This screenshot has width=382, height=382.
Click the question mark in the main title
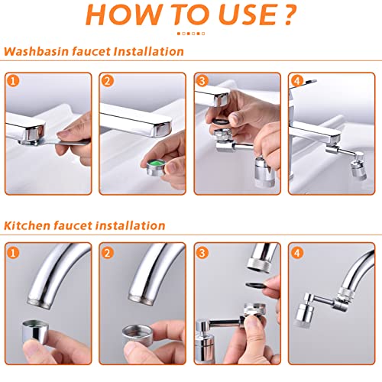tap(289, 15)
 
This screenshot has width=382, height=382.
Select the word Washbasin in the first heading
tap(37, 51)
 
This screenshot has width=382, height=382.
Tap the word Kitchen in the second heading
tap(27, 225)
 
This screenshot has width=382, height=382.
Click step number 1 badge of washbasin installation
tap(13, 81)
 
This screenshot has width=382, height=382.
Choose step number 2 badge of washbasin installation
tap(107, 81)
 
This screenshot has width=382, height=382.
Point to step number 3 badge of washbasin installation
tap(202, 81)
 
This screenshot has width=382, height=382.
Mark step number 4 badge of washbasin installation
tap(296, 81)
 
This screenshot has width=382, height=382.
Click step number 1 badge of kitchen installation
tap(13, 253)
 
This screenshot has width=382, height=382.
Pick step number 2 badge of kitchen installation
tap(107, 253)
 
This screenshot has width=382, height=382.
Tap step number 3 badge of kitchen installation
tap(202, 253)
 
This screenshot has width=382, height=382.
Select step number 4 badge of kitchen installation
tap(296, 253)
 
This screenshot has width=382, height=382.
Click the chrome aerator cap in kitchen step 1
tap(35, 331)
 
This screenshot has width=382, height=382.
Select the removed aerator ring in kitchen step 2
tap(138, 334)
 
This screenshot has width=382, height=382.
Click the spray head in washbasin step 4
tap(358, 170)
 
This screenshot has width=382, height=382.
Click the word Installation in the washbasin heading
tap(148, 51)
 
